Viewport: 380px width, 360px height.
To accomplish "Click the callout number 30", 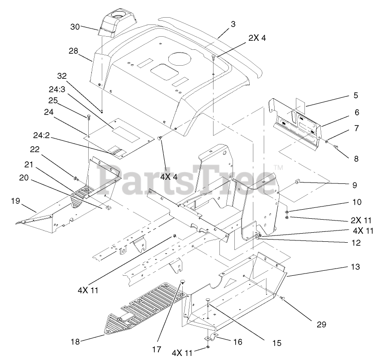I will coord(75,27).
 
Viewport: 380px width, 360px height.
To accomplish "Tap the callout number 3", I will coord(233,24).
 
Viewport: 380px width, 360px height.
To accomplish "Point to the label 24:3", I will coord(57,89).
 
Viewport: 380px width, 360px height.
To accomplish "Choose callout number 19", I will coord(16,200).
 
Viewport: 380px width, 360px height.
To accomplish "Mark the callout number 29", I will coord(321,324).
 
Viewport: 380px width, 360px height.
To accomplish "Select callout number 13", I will coord(355,267).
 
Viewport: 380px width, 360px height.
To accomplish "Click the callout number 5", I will coord(356,95).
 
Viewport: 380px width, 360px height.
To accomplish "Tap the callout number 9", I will coord(355,185).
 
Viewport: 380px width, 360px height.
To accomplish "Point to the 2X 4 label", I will coord(257,38).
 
